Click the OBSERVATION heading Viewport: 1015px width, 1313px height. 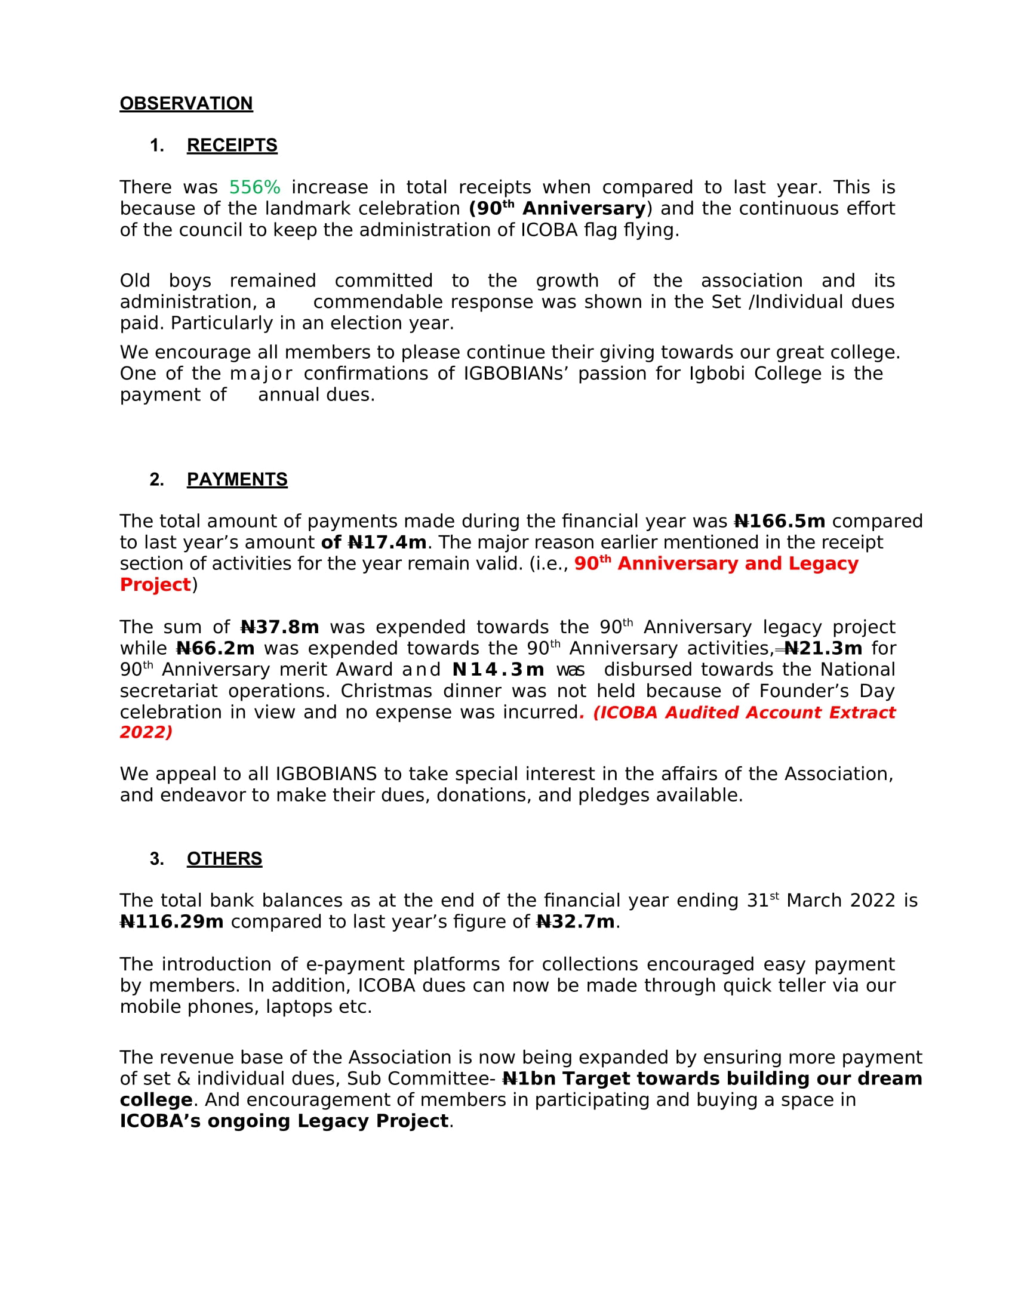(x=186, y=103)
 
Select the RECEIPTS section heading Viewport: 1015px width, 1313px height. (x=232, y=146)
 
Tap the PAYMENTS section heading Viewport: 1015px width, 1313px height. (x=237, y=480)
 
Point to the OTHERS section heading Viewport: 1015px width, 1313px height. (x=224, y=859)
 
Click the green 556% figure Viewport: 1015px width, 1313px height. (x=254, y=187)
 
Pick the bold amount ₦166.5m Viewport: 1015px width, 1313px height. (x=780, y=521)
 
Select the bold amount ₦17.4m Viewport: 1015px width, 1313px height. (x=387, y=543)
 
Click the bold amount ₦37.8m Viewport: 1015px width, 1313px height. (x=279, y=627)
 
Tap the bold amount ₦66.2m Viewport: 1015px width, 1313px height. (x=216, y=649)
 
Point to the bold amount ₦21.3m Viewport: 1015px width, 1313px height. (x=823, y=649)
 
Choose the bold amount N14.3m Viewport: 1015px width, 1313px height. (x=498, y=670)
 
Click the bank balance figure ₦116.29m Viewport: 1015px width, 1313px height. (x=171, y=921)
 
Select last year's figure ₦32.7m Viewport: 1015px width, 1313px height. (x=576, y=921)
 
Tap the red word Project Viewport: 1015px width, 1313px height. (x=155, y=584)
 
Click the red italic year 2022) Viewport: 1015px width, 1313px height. (x=146, y=732)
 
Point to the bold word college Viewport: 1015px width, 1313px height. (x=156, y=1100)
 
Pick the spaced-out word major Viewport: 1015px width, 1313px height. (x=261, y=374)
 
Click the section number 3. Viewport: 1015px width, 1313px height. (x=156, y=859)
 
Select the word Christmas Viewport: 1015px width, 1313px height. (x=386, y=691)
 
